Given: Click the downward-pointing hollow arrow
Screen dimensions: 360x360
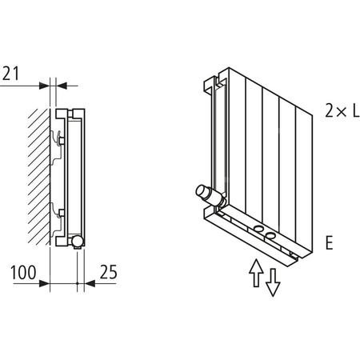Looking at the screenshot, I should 274,282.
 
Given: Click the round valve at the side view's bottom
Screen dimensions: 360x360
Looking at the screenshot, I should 75,240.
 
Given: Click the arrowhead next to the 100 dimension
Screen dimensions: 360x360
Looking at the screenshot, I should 46,282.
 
